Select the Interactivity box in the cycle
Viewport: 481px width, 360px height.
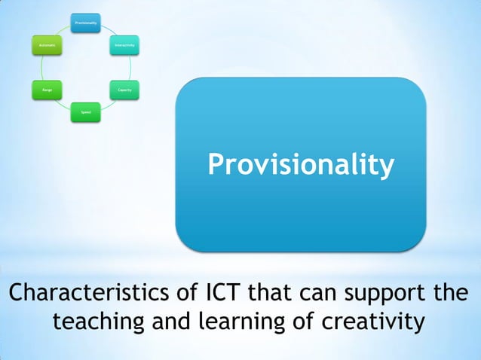click(x=125, y=46)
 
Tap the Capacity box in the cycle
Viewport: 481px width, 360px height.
click(x=125, y=90)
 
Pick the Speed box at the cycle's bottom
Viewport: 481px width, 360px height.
click(x=85, y=112)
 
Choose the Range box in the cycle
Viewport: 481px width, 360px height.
click(x=46, y=90)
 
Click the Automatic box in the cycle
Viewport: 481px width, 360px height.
click(x=46, y=46)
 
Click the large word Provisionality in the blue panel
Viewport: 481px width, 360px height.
click(x=301, y=165)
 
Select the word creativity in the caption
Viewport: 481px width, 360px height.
click(x=368, y=322)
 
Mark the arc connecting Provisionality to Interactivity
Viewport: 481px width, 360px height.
click(x=110, y=30)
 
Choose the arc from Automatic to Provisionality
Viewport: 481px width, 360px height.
click(x=61, y=31)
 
